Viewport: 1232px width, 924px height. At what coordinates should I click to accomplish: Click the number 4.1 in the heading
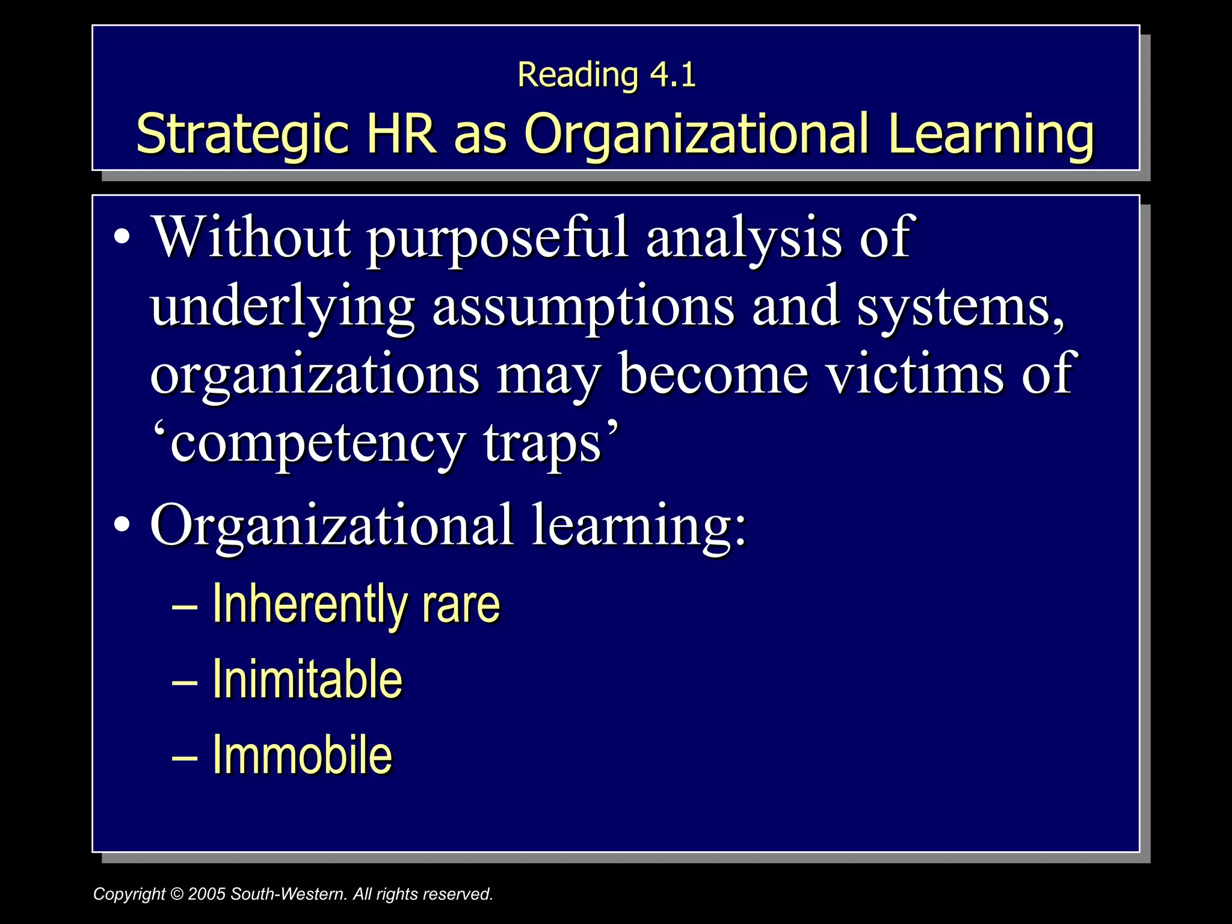click(x=673, y=75)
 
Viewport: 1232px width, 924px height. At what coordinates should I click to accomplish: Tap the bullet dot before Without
click(x=122, y=236)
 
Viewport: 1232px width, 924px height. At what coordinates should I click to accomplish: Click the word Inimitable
click(x=307, y=679)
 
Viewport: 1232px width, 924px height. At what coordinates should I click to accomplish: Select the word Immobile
click(x=302, y=754)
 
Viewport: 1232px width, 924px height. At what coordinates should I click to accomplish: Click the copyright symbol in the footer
click(x=176, y=894)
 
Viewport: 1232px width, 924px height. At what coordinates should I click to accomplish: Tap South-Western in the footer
click(x=289, y=894)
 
